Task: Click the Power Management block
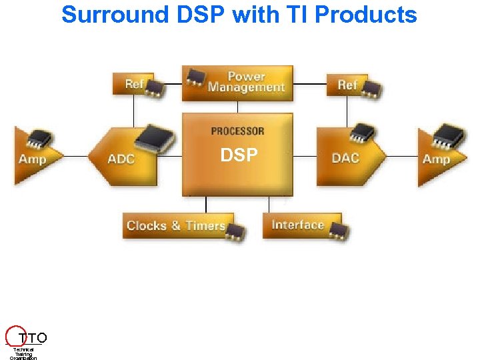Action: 245,83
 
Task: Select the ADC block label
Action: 121,159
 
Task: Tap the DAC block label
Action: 345,158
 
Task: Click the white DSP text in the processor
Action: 239,155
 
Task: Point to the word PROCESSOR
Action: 237,131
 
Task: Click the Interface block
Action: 297,225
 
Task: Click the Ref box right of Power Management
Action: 347,85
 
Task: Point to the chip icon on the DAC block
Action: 364,133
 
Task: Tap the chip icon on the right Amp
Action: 446,135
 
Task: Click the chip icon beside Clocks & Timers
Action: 235,231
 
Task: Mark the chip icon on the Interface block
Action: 339,231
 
